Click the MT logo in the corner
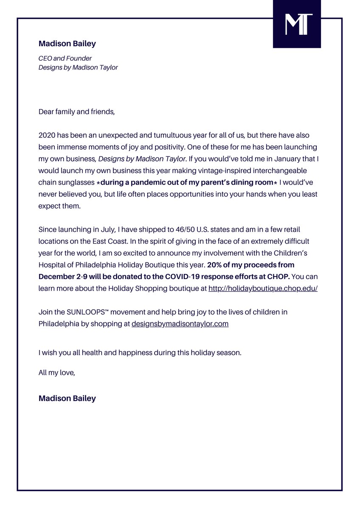click(297, 24)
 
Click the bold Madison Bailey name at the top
click(67, 44)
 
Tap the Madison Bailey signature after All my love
click(67, 398)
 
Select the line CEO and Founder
click(65, 59)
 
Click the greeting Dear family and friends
click(76, 112)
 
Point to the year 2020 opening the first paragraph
click(47, 135)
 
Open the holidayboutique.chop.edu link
click(263, 288)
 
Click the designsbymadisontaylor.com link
click(180, 324)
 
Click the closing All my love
click(57, 373)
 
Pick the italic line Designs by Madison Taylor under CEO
click(78, 67)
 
